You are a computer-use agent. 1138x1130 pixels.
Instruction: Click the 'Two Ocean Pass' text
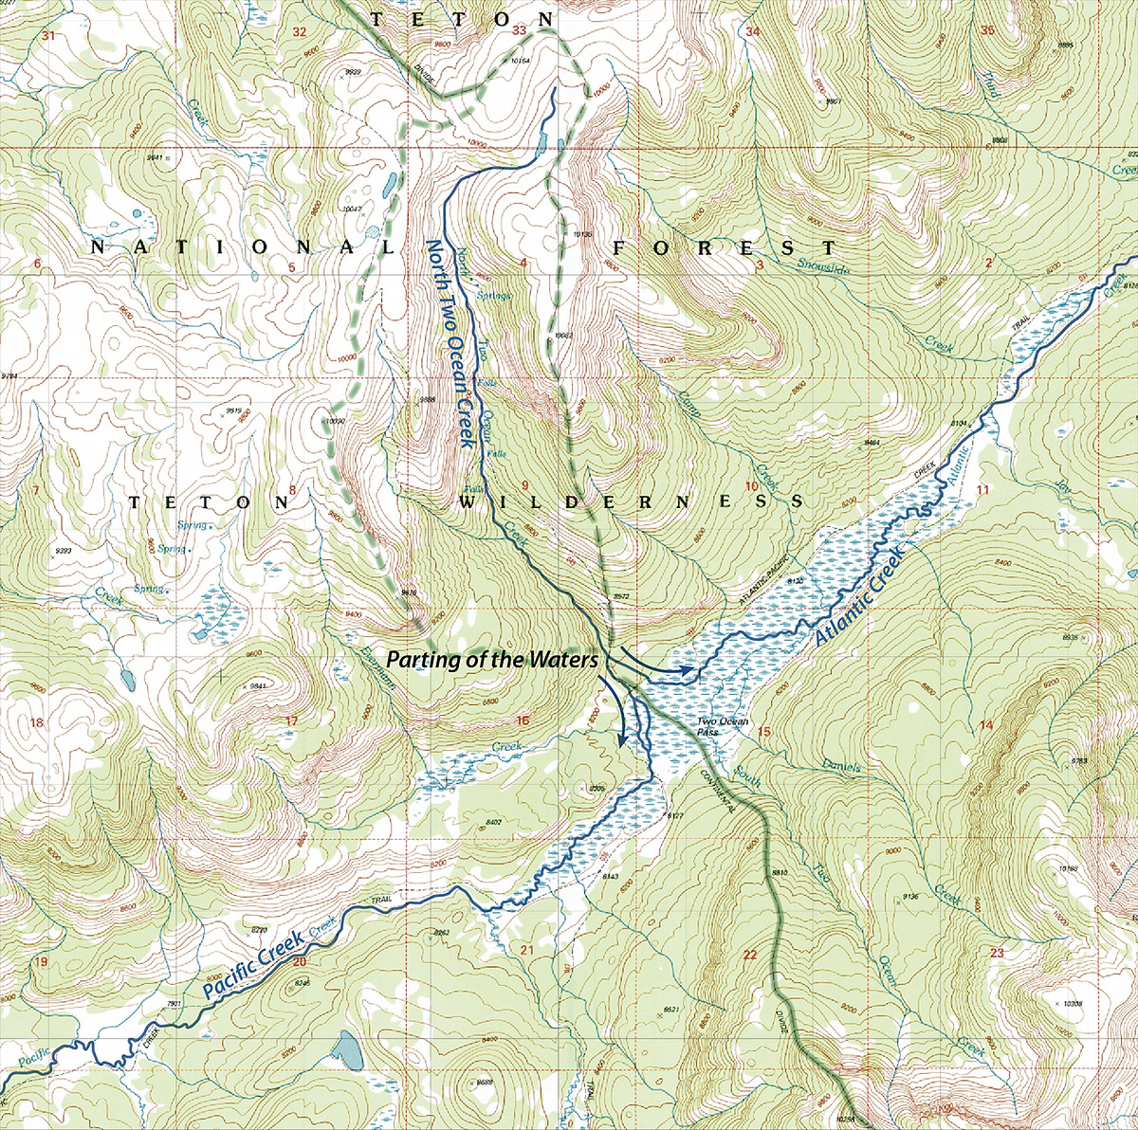pos(723,727)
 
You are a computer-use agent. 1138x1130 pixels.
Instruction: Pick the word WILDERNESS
pos(632,501)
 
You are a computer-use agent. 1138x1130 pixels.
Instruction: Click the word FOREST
pos(725,248)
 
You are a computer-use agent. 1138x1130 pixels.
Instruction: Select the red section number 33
pos(519,31)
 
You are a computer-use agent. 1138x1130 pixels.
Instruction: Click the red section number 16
pos(522,721)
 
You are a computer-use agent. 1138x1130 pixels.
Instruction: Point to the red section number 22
pos(750,954)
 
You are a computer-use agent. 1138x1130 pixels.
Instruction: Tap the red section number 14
pos(986,725)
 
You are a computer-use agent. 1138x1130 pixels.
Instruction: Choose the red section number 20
pos(300,962)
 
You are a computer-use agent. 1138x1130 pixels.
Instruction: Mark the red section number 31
pos(48,36)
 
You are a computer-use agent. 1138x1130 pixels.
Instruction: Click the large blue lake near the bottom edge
pos(348,1050)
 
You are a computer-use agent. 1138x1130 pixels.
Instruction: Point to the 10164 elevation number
pos(519,61)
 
